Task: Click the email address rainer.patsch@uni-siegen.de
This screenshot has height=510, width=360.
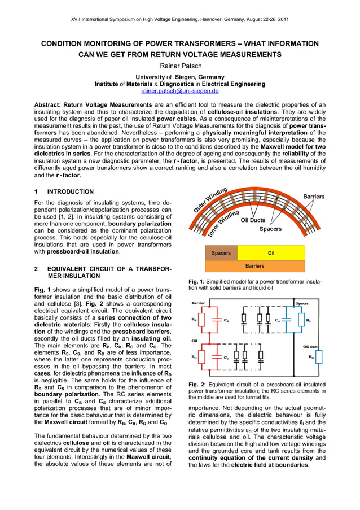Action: point(180,91)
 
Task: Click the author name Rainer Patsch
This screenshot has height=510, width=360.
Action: point(180,66)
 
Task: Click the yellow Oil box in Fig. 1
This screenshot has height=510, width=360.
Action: point(271,253)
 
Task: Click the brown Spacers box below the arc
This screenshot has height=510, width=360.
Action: point(221,253)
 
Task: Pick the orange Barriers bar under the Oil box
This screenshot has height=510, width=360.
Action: point(254,266)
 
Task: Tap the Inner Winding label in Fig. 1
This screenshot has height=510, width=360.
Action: point(223,223)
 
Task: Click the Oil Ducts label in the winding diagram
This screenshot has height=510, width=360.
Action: point(253,221)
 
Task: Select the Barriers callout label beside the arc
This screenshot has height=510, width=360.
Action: point(314,197)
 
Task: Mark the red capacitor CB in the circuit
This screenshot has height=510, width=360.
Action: point(217,320)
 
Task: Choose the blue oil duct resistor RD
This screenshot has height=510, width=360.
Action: point(319,357)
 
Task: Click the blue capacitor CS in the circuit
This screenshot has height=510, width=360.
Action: point(286,320)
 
